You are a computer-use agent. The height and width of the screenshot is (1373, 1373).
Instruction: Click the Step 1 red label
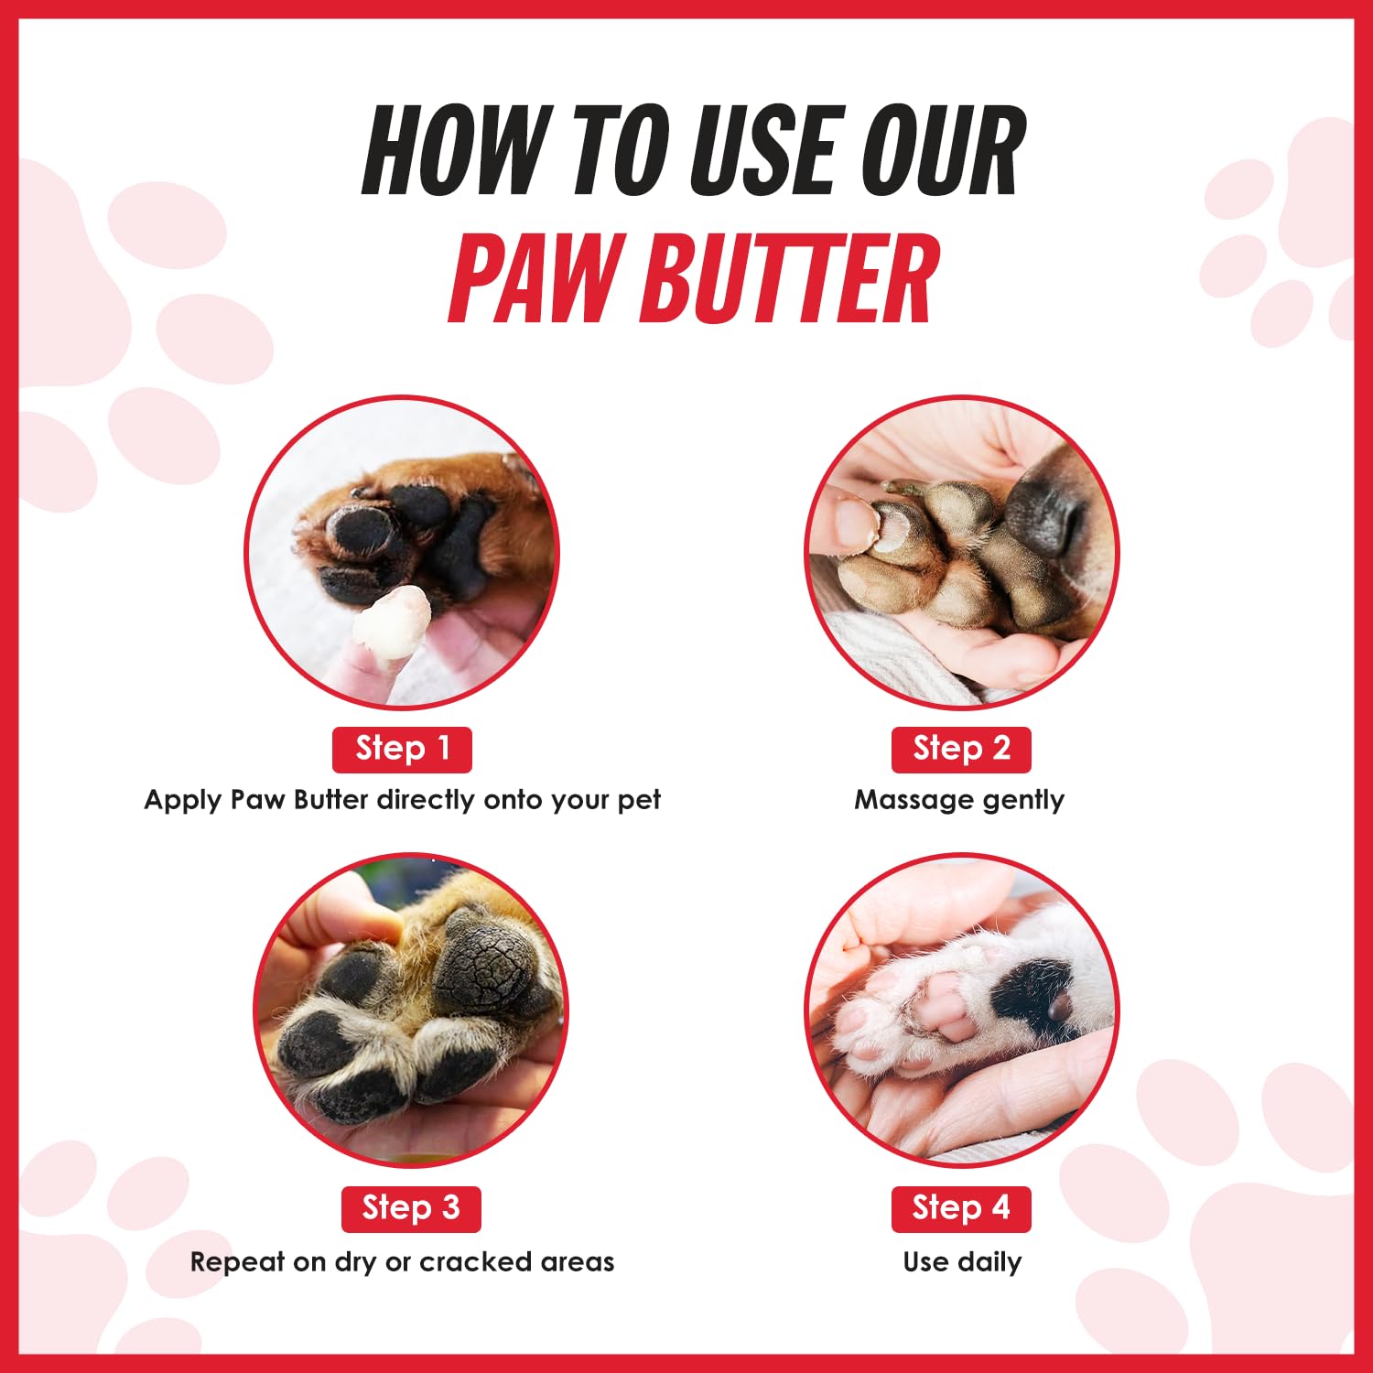[x=402, y=750]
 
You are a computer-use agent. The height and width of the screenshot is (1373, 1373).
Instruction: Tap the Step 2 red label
[x=961, y=750]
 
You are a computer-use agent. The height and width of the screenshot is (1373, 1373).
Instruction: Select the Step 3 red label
[x=411, y=1209]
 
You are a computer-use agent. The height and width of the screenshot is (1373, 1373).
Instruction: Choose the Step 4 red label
[x=961, y=1209]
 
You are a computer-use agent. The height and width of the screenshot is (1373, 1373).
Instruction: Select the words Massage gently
[x=959, y=801]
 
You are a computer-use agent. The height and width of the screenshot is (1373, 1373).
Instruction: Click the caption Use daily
[x=962, y=1262]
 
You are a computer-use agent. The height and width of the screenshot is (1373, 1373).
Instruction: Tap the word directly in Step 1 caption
[x=427, y=801]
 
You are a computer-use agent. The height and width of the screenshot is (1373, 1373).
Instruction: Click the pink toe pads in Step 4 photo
[x=946, y=1007]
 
